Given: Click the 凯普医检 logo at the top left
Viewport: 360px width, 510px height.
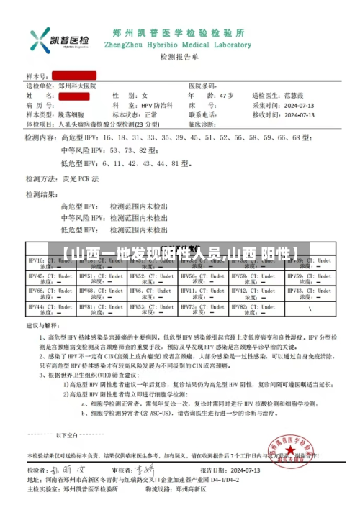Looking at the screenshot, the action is coord(60,39).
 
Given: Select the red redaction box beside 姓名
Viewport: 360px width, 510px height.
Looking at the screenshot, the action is coord(73,96).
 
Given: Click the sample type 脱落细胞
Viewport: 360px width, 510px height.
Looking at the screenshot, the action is coord(71,114).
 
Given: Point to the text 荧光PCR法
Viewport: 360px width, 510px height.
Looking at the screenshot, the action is coord(83,178).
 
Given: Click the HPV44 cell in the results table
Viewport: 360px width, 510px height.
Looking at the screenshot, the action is coord(50,309).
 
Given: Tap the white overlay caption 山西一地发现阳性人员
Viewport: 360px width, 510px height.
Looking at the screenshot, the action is coord(180,253).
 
